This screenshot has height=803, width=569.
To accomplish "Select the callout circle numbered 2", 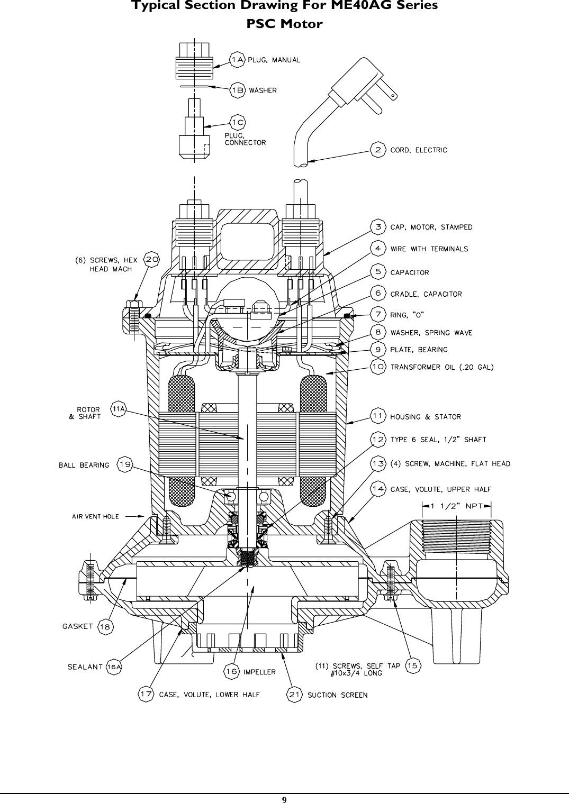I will (378, 150).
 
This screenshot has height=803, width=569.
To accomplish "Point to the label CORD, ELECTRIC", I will (418, 150).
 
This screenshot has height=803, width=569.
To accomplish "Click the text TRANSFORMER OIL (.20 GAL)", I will (442, 367).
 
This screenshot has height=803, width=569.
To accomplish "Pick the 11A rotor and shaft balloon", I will (119, 409).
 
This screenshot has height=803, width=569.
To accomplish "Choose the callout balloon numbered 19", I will (125, 465).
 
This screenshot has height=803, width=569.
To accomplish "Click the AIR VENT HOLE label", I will (95, 516).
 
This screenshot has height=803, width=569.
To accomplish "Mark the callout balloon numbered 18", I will (106, 627).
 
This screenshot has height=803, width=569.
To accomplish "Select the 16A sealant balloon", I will (114, 667).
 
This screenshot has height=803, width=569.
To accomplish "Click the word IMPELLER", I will (259, 672).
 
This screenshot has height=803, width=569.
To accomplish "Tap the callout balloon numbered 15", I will (413, 666).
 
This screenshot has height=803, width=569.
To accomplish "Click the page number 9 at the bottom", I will (284, 799).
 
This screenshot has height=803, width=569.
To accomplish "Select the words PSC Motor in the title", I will (284, 24).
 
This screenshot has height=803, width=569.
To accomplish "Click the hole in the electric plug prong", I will (393, 96).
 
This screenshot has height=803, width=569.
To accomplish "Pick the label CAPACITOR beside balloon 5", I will (409, 272).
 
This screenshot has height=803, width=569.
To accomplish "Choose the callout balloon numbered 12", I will (378, 439).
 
